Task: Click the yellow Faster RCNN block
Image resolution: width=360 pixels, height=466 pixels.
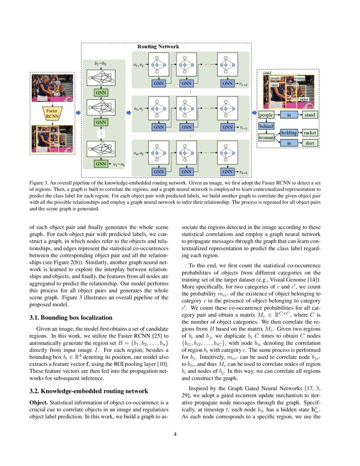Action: (x=52, y=114)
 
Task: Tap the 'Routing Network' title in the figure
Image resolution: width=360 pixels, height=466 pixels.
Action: (x=158, y=47)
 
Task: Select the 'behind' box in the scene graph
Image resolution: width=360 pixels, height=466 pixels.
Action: (x=266, y=126)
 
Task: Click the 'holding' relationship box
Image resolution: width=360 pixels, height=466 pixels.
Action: (x=289, y=133)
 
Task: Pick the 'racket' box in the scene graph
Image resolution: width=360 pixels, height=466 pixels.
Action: (x=310, y=133)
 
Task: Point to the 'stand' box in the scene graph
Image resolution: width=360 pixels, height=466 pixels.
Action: (x=310, y=115)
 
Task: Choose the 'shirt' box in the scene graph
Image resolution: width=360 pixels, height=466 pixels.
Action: (x=310, y=143)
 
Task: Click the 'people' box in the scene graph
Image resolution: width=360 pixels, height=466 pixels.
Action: (x=266, y=115)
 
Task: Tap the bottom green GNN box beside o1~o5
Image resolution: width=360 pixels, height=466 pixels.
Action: (x=101, y=164)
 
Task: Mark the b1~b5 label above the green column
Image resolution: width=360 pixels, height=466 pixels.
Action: (x=101, y=64)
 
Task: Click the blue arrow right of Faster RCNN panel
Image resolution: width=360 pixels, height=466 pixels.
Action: (x=78, y=112)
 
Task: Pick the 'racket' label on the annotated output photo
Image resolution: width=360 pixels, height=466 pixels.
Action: (x=304, y=99)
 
